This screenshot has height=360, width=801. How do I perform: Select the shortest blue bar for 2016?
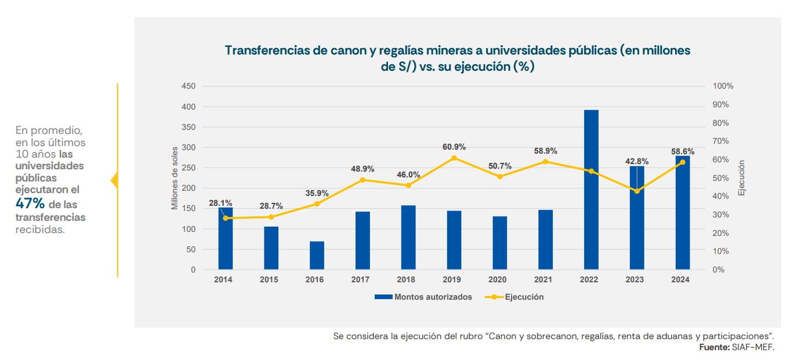click(317, 256)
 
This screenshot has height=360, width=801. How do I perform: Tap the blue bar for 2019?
click(454, 240)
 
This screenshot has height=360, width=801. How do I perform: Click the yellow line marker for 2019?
click(454, 158)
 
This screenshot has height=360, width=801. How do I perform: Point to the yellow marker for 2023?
click(637, 191)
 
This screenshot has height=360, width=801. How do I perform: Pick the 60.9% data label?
click(454, 147)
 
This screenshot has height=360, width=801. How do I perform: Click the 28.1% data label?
click(220, 203)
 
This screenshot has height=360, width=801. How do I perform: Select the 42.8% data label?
click(637, 161)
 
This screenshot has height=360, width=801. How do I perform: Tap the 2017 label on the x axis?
click(360, 279)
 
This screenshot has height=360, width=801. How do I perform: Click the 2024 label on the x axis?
click(680, 279)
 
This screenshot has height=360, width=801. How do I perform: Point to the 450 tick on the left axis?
click(189, 86)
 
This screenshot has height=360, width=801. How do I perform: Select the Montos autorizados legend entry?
click(423, 297)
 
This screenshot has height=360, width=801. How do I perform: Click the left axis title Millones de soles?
click(175, 178)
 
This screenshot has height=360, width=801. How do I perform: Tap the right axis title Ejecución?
click(742, 178)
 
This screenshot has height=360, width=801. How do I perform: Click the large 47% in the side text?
click(30, 204)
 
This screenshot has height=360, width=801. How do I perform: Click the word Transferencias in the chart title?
click(266, 50)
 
